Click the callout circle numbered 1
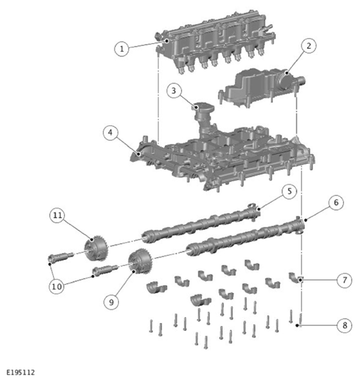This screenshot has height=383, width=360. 122,49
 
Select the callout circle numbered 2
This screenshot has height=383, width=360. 308,46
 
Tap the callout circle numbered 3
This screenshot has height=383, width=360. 174,91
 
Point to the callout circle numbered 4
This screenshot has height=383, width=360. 110,133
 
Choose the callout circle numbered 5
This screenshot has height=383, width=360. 289,191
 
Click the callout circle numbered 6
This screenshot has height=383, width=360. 336,203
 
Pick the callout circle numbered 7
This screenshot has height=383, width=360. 344,280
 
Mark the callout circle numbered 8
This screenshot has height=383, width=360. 344,325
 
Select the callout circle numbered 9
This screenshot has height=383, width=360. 111,302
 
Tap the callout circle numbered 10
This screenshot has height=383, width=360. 57,286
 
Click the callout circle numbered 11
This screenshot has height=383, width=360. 57,216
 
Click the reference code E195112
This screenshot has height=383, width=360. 21,372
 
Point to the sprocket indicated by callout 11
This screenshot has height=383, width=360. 95,248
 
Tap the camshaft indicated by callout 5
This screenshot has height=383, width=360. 201,223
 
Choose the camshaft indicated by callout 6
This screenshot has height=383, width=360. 245,236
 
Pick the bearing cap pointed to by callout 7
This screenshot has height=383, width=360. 296,278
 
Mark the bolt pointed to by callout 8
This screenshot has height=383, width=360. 301,319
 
